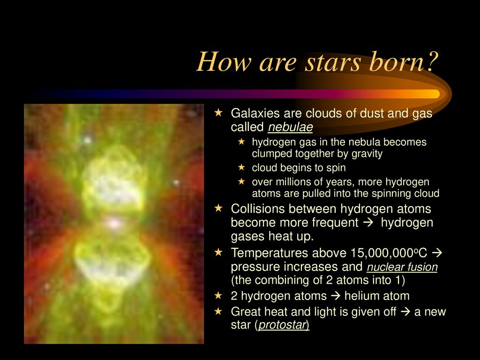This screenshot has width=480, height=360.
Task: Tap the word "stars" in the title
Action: (x=334, y=63)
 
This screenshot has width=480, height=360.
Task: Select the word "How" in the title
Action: (x=224, y=62)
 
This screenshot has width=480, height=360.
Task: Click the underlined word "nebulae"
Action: (x=290, y=127)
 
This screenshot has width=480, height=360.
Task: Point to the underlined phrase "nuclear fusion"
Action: (x=402, y=267)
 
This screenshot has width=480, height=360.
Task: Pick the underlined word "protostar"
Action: (x=283, y=325)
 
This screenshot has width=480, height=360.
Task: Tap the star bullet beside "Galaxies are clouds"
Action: (x=218, y=112)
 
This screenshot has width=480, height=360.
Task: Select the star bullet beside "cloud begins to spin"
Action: (x=241, y=167)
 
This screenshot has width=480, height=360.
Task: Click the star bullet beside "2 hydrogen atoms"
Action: (x=218, y=295)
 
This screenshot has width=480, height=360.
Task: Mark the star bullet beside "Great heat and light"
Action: (x=218, y=311)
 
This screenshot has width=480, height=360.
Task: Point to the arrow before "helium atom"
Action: (x=336, y=296)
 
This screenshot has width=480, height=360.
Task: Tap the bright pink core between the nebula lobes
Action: (x=114, y=223)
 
